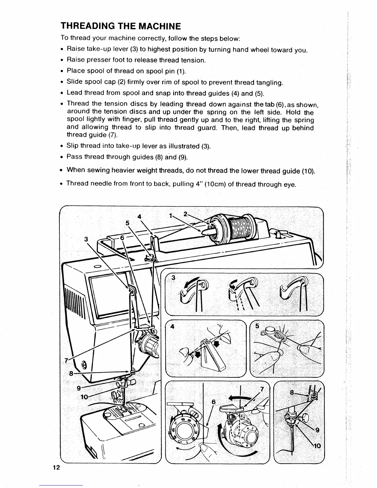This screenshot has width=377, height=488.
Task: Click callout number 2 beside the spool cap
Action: pos(185,213)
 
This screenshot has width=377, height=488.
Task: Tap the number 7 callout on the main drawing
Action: pos(66,360)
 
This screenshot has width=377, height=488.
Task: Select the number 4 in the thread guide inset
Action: pos(172,327)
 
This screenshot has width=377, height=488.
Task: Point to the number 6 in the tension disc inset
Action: pos(213,402)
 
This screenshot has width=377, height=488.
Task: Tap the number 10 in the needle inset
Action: pos(317,445)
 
